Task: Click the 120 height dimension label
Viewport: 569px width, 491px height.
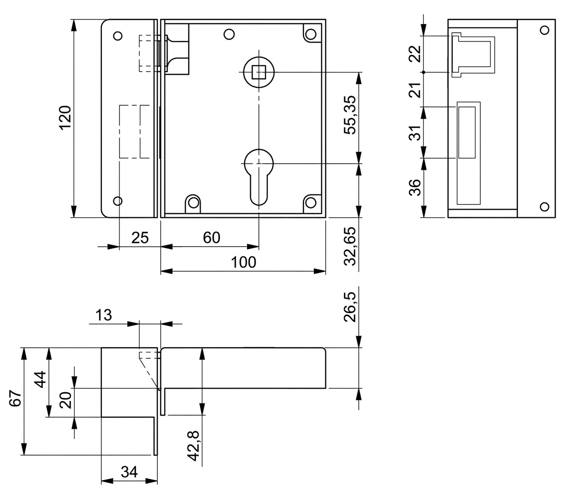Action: click(65, 118)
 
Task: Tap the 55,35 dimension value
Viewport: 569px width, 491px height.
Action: click(350, 115)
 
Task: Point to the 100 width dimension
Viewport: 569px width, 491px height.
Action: click(244, 262)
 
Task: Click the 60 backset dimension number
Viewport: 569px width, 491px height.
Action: click(211, 238)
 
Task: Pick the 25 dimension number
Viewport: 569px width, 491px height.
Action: click(140, 238)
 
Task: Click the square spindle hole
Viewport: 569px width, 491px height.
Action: click(259, 72)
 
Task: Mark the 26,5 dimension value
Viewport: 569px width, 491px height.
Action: click(350, 307)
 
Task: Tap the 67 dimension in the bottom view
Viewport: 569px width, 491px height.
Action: click(16, 398)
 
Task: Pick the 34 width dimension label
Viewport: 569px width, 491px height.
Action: click(129, 472)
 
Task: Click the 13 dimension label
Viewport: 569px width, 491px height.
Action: click(104, 315)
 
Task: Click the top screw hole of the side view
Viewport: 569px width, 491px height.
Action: click(544, 30)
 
